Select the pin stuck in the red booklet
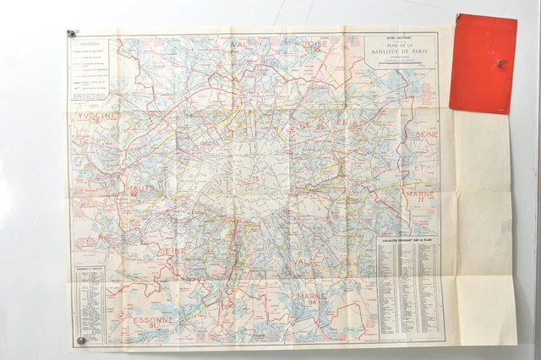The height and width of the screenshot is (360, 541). (x=500, y=62)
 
